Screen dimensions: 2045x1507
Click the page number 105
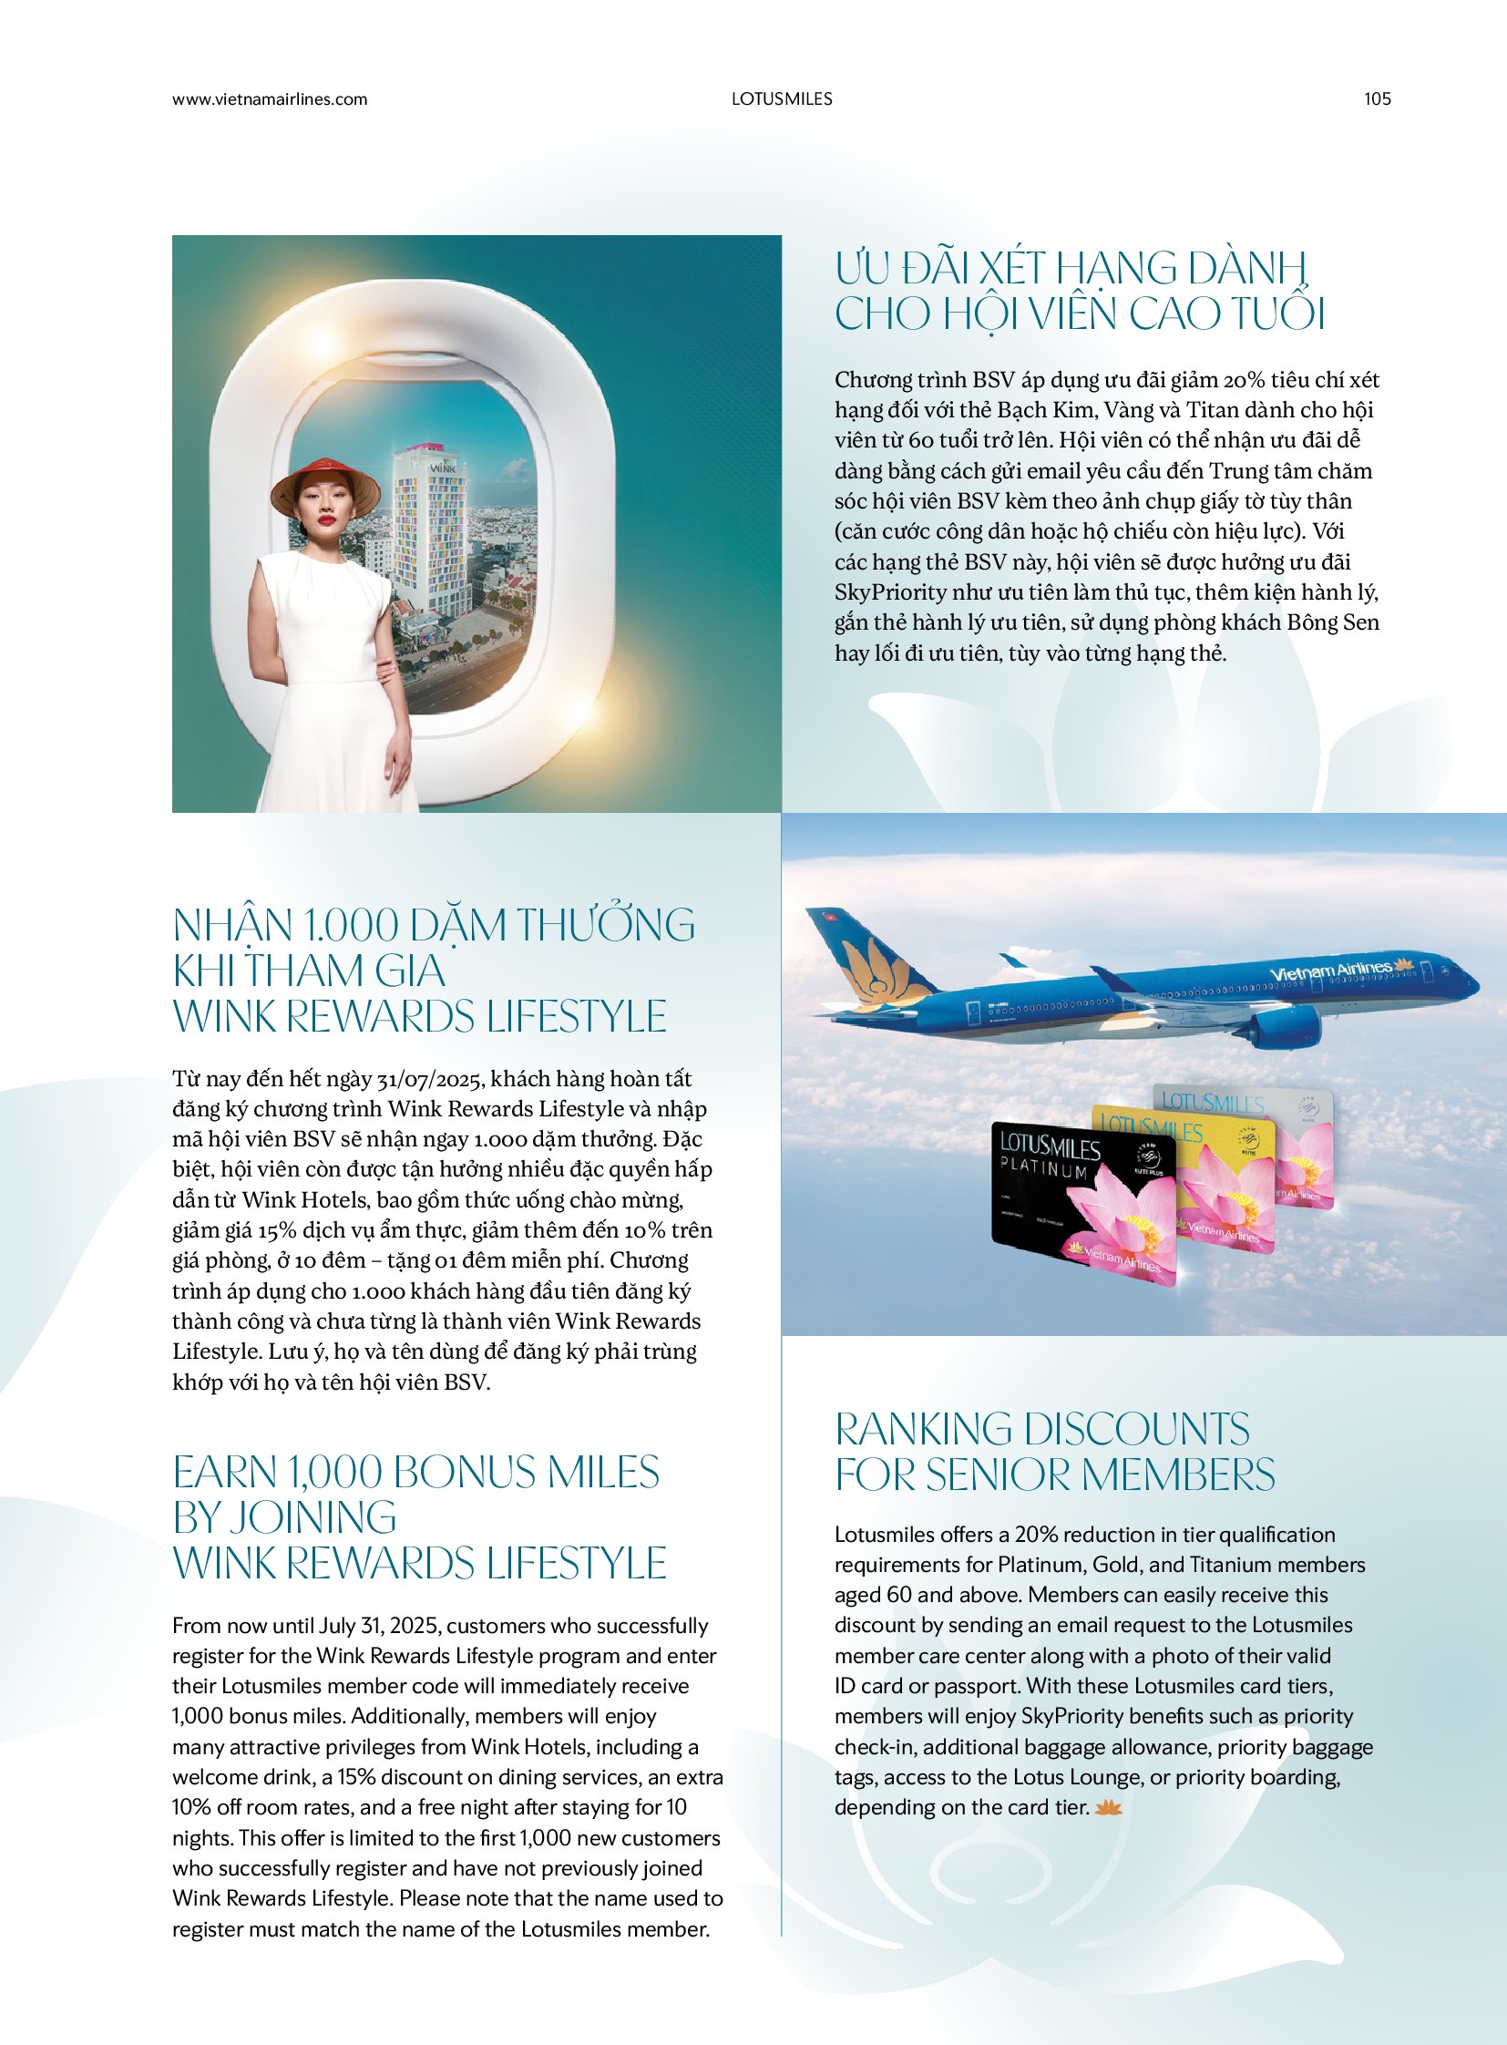1377,98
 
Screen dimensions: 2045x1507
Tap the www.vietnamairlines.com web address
269,98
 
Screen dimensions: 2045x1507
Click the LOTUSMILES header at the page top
782,98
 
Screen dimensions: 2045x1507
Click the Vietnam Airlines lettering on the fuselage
1331,971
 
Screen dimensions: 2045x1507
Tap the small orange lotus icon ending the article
1107,1807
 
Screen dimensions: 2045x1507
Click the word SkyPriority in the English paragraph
1075,1716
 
